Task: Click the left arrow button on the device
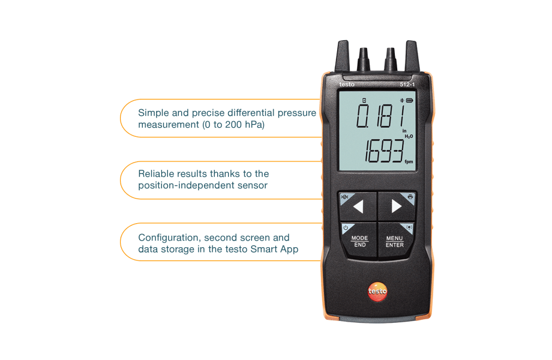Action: point(358,207)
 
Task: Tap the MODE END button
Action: point(359,241)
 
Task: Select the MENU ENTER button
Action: point(395,241)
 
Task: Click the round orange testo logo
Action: point(377,292)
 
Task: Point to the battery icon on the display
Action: point(410,101)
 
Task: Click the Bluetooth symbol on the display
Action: point(403,101)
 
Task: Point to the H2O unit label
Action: point(409,137)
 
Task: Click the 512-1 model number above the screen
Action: point(409,85)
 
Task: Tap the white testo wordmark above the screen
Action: point(347,85)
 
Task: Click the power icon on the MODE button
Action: point(345,228)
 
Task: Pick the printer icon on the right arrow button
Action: point(410,197)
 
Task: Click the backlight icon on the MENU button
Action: point(410,228)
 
